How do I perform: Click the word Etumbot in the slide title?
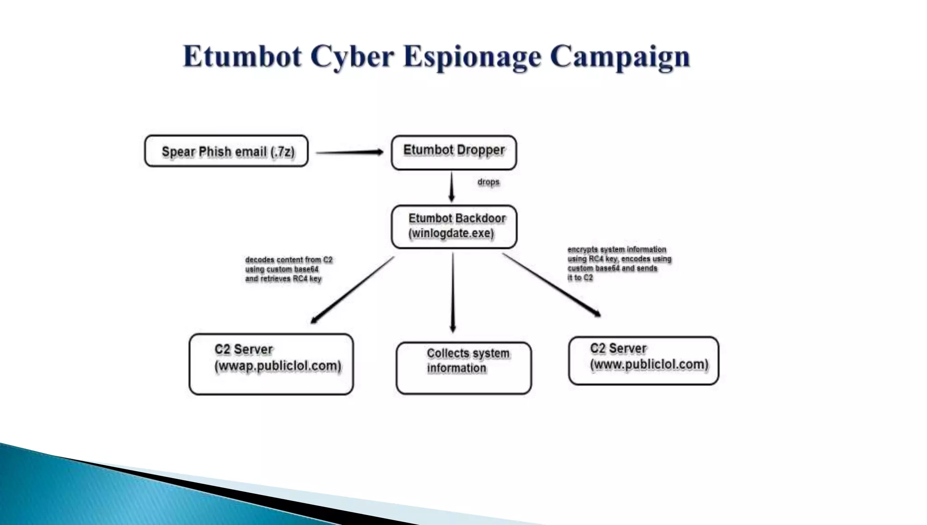pyautogui.click(x=242, y=57)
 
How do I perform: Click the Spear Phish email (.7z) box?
pyautogui.click(x=226, y=151)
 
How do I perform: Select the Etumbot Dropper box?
pyautogui.click(x=454, y=153)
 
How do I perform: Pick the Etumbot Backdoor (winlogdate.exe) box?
pyautogui.click(x=454, y=227)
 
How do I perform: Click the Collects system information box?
pyautogui.click(x=463, y=368)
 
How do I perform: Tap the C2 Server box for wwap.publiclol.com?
pyautogui.click(x=271, y=364)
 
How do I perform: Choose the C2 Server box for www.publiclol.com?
pyautogui.click(x=643, y=361)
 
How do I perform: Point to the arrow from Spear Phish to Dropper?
pyautogui.click(x=349, y=152)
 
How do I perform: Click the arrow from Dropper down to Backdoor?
pyautogui.click(x=451, y=187)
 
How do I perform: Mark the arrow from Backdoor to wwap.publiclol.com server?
pyautogui.click(x=352, y=290)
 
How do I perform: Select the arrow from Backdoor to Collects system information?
pyautogui.click(x=453, y=293)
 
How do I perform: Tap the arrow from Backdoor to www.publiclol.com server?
pyautogui.click(x=551, y=284)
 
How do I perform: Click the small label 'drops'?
pyautogui.click(x=488, y=182)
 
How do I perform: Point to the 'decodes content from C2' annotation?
pyautogui.click(x=288, y=269)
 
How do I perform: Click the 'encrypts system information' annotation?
pyautogui.click(x=619, y=263)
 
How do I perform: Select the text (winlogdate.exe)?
pyautogui.click(x=451, y=233)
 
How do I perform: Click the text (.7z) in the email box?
pyautogui.click(x=282, y=152)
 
